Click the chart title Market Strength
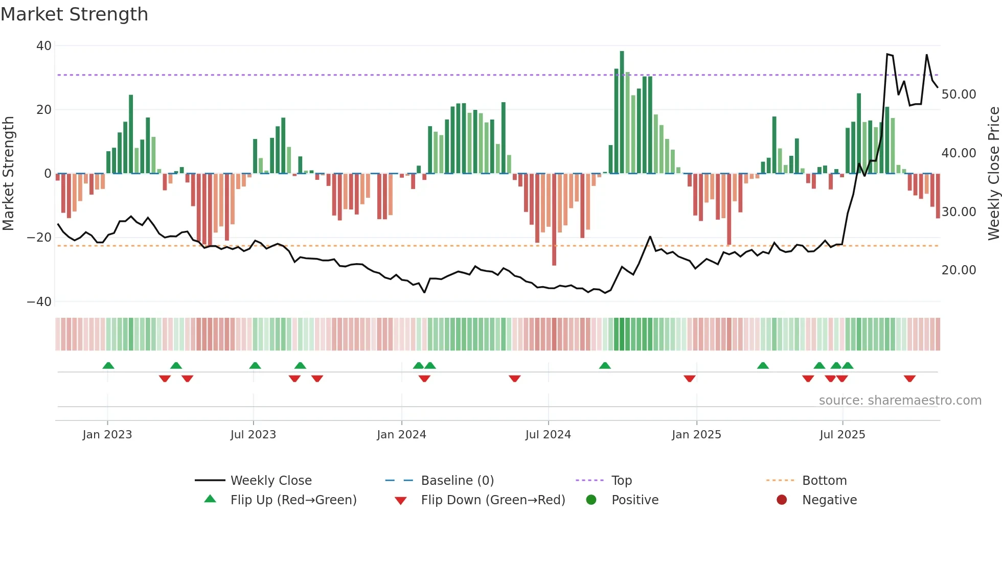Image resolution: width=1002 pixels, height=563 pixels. [x=74, y=14]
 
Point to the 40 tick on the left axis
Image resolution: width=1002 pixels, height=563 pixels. [x=44, y=46]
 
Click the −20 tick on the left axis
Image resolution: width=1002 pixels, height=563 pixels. [x=39, y=238]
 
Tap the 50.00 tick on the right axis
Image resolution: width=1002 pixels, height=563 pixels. [x=959, y=95]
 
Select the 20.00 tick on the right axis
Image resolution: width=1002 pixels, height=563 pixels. [x=959, y=270]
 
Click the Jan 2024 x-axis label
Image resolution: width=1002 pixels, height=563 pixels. [x=401, y=435]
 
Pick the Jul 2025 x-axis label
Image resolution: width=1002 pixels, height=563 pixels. [x=842, y=435]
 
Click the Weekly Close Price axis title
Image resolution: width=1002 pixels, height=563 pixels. [x=993, y=174]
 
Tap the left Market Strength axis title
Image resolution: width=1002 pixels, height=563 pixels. [x=8, y=174]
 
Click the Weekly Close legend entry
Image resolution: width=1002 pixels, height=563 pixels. [x=270, y=481]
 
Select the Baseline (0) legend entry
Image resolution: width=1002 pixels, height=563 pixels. [x=457, y=481]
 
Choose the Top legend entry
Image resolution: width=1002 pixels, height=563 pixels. [x=621, y=481]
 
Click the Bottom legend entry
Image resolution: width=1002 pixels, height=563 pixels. [x=824, y=481]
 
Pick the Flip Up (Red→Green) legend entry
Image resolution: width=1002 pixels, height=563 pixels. [x=293, y=500]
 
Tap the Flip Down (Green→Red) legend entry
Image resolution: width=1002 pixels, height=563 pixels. [x=492, y=500]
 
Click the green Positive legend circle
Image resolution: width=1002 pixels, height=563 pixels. [x=591, y=500]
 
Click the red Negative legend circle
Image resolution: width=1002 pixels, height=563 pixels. [x=782, y=500]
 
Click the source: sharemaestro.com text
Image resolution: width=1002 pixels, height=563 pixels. [x=900, y=401]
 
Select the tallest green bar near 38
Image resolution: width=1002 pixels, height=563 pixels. [x=622, y=112]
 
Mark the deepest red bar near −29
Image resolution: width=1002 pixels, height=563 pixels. [x=554, y=220]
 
